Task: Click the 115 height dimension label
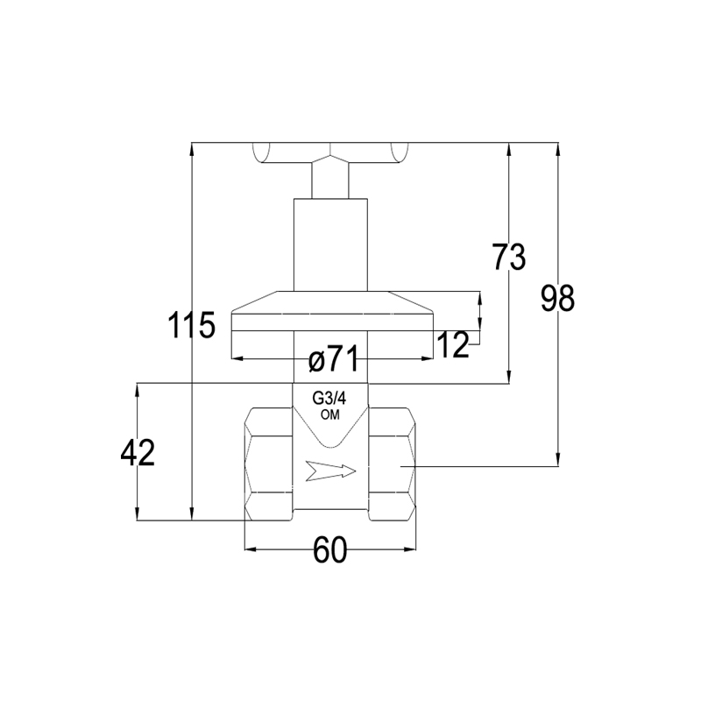click(x=191, y=325)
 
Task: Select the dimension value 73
click(x=509, y=257)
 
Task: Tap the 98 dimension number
click(x=557, y=299)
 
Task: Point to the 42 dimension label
click(x=138, y=453)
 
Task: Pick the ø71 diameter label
click(x=334, y=359)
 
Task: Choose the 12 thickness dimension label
click(x=453, y=345)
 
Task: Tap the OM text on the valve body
click(x=330, y=414)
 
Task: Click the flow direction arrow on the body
click(x=331, y=471)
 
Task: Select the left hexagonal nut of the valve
click(x=269, y=464)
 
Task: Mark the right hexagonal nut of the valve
click(x=392, y=464)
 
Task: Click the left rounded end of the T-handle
click(x=261, y=152)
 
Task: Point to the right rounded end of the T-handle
click(x=400, y=152)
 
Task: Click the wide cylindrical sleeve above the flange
click(x=330, y=244)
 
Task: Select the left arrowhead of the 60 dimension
click(x=251, y=549)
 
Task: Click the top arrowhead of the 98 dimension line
click(x=557, y=150)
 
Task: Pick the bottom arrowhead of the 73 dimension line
click(x=509, y=377)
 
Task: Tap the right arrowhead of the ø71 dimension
click(x=427, y=358)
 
